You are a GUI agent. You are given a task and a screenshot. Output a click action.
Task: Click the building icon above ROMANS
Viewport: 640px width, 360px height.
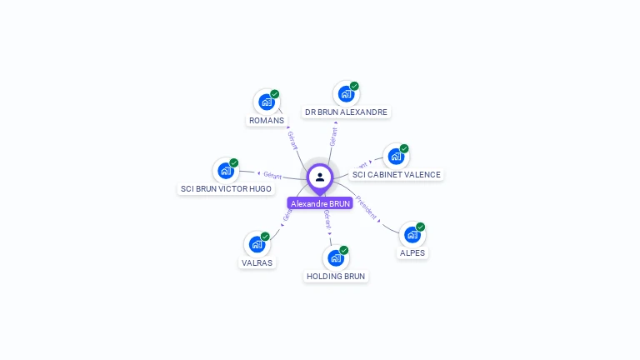[x=267, y=102]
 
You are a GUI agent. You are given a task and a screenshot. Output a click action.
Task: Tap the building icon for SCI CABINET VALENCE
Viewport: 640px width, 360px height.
[x=396, y=157]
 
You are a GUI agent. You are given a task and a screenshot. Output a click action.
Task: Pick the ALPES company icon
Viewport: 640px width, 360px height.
[x=412, y=235]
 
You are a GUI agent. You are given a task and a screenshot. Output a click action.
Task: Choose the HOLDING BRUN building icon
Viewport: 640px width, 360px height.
[x=335, y=257]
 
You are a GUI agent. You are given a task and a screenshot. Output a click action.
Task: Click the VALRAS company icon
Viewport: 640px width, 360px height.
[x=257, y=244]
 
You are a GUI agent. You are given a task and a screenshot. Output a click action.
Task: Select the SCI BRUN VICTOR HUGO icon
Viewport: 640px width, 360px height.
[x=225, y=171]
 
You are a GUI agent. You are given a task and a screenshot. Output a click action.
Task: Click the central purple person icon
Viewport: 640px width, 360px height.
[x=320, y=177]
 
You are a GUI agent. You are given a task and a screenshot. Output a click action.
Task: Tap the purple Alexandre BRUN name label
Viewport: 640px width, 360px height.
[x=320, y=203]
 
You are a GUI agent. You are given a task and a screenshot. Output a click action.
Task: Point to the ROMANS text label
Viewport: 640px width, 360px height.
[x=267, y=121]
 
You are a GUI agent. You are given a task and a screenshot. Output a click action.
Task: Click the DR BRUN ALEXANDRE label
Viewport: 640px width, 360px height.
[x=346, y=112]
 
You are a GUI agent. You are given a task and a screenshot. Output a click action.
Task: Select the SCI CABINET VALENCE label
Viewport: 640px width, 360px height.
[x=396, y=175]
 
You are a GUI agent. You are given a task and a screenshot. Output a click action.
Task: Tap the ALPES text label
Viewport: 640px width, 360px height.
[x=412, y=253]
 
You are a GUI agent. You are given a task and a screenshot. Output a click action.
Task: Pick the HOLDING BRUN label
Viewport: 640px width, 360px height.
[x=335, y=276]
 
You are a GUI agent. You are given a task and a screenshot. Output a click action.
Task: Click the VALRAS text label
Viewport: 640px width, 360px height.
[x=257, y=262]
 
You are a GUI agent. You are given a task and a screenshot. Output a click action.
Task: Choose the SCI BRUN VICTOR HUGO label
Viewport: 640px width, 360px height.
[x=226, y=189]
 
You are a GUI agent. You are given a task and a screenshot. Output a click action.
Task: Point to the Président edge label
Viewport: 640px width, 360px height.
[x=367, y=207]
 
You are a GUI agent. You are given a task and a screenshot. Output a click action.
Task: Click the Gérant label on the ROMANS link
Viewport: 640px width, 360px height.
[x=292, y=139]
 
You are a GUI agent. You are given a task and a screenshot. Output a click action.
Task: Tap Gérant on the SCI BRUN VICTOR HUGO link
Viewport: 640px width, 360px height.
[x=272, y=175]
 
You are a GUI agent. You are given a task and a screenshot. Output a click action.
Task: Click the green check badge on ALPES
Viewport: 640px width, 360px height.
[x=421, y=227]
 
